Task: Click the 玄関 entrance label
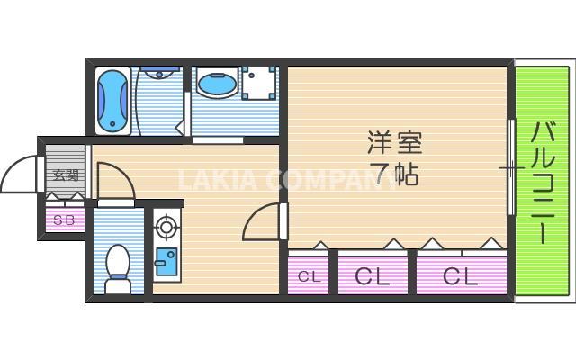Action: (x=63, y=175)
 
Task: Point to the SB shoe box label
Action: (x=63, y=220)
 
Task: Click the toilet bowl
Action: (x=118, y=264)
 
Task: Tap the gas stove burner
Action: (x=166, y=225)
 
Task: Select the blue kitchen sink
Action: (x=166, y=261)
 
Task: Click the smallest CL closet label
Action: (x=309, y=276)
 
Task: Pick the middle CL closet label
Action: (x=373, y=276)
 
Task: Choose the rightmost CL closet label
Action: (x=459, y=276)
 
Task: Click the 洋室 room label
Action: (x=394, y=142)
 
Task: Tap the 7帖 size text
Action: (x=394, y=173)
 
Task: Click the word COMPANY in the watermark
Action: (x=324, y=181)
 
